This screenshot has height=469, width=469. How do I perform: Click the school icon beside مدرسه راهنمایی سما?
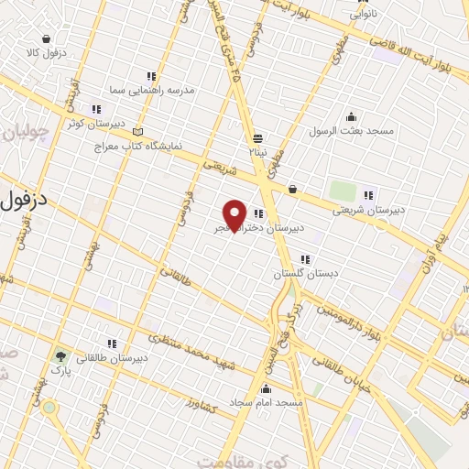pos(150,77)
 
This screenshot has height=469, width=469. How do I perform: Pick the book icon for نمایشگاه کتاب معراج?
pos(137,131)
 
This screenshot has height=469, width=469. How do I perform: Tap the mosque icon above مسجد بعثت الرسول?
pos(352,115)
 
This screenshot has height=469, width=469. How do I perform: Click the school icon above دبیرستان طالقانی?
pos(111,344)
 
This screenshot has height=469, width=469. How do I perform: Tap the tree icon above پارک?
pos(61,357)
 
